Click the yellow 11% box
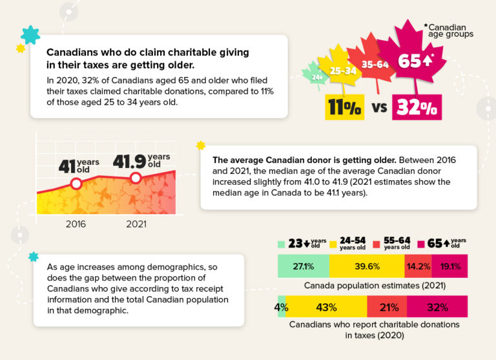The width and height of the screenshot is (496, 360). click(x=344, y=107)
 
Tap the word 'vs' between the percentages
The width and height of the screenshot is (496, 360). click(x=380, y=107)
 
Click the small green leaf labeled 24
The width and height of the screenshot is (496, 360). click(x=316, y=76)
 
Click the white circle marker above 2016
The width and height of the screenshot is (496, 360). click(x=76, y=184)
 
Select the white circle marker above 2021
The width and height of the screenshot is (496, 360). click(x=135, y=178)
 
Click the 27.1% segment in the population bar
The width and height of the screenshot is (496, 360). click(x=303, y=266)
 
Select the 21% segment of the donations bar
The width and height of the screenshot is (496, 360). click(x=386, y=308)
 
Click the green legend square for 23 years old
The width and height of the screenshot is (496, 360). click(x=281, y=244)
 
